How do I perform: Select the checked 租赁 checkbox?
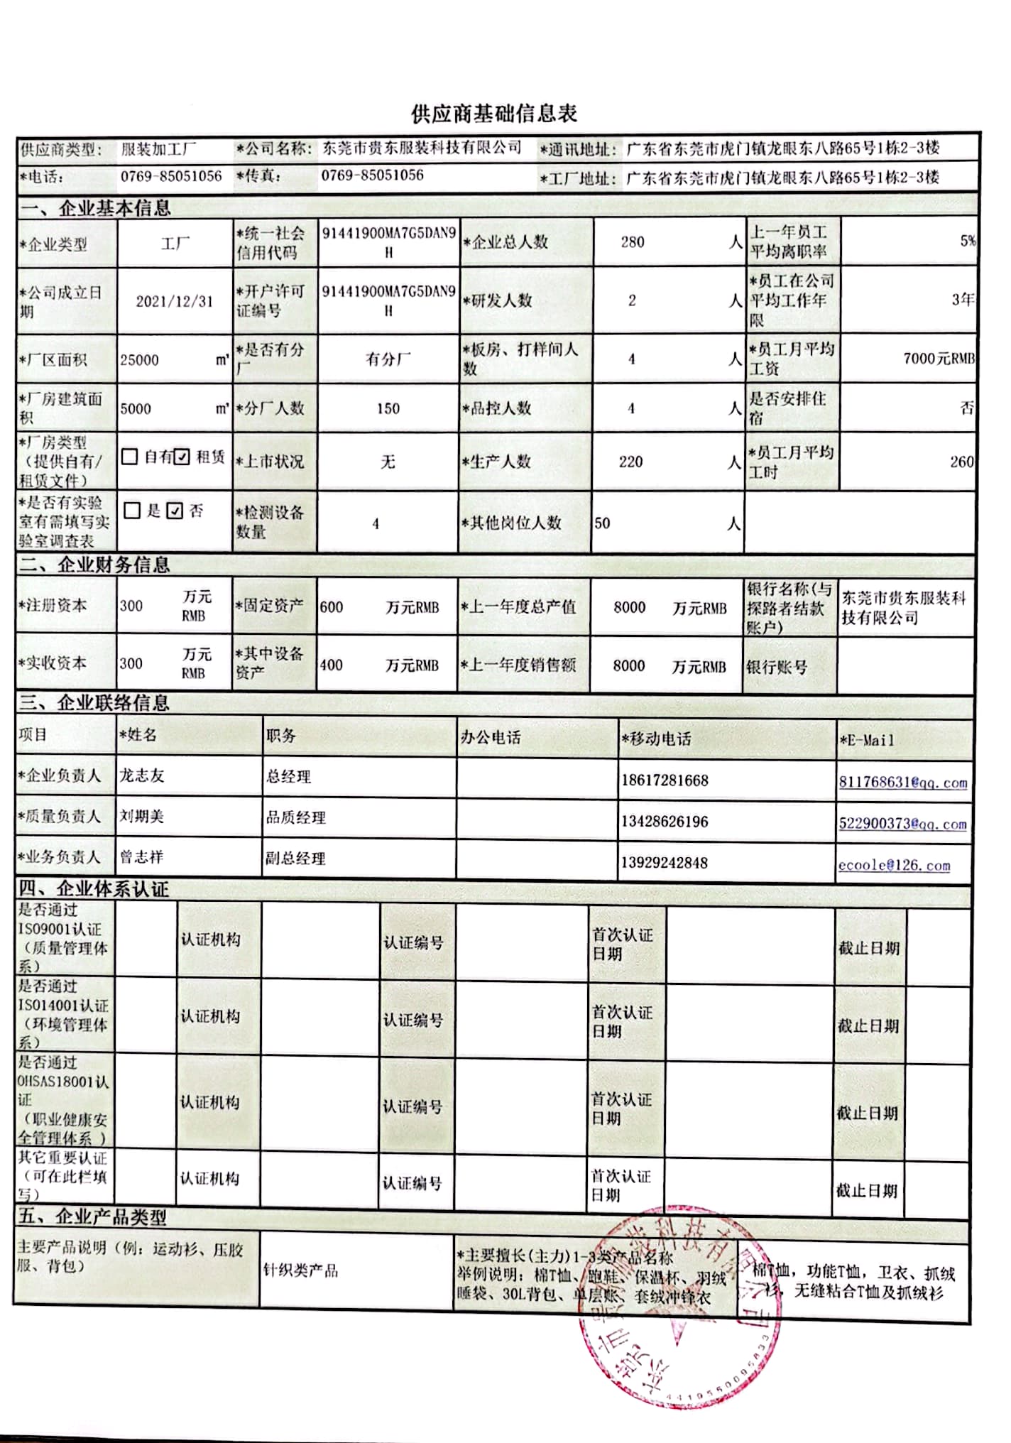(x=182, y=457)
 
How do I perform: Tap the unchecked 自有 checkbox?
(x=129, y=457)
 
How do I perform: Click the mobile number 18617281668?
(x=665, y=780)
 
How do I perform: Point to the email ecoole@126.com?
(x=893, y=865)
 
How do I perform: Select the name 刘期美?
(x=141, y=817)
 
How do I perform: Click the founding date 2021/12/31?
(x=175, y=301)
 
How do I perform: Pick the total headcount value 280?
(x=632, y=242)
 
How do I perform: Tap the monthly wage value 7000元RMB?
(x=939, y=359)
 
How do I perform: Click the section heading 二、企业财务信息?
(x=94, y=565)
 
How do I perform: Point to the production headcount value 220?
(x=630, y=462)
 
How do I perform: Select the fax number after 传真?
(x=372, y=175)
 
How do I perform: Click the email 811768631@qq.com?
(x=902, y=783)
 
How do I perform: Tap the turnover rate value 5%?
(x=967, y=241)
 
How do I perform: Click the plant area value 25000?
(x=139, y=360)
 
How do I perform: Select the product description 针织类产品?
(x=300, y=1270)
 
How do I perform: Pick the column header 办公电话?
(x=490, y=738)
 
